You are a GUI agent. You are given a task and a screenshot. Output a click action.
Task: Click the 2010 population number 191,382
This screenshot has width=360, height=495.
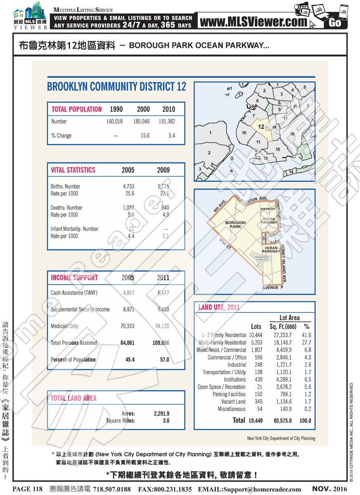[x=169, y=121]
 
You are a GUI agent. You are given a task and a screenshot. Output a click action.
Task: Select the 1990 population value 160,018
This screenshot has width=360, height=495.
[x=114, y=121]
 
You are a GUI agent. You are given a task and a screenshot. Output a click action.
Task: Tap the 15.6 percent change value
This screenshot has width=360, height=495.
[x=145, y=136]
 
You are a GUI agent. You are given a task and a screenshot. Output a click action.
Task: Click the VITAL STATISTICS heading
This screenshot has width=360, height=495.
[x=73, y=170]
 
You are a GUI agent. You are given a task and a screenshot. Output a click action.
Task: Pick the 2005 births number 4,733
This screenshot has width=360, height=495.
[x=128, y=187]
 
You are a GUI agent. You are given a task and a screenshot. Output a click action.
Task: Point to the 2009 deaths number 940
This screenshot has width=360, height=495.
[x=165, y=208]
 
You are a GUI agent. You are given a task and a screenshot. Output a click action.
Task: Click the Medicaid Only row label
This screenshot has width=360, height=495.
[x=65, y=326]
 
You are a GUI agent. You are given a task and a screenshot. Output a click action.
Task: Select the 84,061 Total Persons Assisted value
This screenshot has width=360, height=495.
[x=127, y=343]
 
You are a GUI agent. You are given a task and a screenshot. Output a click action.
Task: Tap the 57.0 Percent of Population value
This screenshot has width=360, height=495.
[x=164, y=360]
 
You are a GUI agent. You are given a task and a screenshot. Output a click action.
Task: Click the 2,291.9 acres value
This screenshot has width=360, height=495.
[x=162, y=414]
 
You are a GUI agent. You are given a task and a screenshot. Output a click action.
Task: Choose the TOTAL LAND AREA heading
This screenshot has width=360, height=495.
[x=73, y=398]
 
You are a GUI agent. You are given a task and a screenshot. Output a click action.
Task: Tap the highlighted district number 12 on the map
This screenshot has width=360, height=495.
[x=261, y=127]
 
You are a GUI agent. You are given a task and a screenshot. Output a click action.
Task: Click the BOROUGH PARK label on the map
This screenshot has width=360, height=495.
[x=235, y=225]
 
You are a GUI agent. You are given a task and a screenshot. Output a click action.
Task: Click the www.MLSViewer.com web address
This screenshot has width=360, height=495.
[x=253, y=22]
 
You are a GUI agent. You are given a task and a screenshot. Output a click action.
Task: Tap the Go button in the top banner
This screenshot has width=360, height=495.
[x=335, y=23]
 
